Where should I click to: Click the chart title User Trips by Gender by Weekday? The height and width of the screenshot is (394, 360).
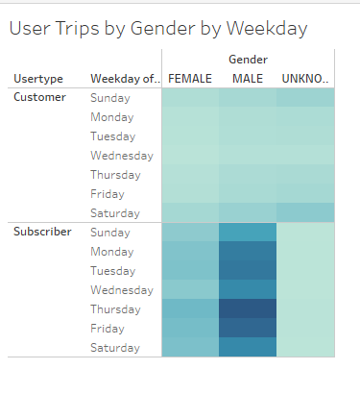(x=158, y=29)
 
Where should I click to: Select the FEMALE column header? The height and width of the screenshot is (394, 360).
(x=190, y=78)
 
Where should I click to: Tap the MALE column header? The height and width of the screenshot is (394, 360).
(x=248, y=78)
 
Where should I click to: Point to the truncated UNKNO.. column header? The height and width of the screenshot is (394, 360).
(x=305, y=78)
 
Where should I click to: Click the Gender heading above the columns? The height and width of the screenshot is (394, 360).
(x=248, y=60)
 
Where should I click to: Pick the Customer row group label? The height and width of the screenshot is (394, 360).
(x=39, y=98)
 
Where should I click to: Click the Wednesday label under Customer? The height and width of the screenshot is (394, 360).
(x=122, y=156)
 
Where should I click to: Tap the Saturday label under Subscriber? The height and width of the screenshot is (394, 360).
(x=115, y=348)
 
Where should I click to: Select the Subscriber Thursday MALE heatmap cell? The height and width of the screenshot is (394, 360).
(x=248, y=309)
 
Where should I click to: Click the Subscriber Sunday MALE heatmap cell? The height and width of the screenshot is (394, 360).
(x=248, y=233)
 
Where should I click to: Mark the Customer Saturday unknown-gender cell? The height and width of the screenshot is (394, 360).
(x=305, y=213)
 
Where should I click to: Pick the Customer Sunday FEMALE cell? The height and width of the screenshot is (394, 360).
(x=190, y=98)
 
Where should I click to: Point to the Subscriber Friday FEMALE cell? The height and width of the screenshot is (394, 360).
(x=190, y=329)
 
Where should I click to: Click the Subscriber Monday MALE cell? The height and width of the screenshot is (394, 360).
(x=248, y=252)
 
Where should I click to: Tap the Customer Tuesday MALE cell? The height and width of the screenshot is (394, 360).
(x=248, y=136)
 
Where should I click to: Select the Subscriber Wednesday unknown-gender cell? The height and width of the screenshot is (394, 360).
(x=305, y=290)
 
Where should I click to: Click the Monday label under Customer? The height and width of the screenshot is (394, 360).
(x=113, y=117)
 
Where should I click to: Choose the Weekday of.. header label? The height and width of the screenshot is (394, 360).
(x=122, y=78)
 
